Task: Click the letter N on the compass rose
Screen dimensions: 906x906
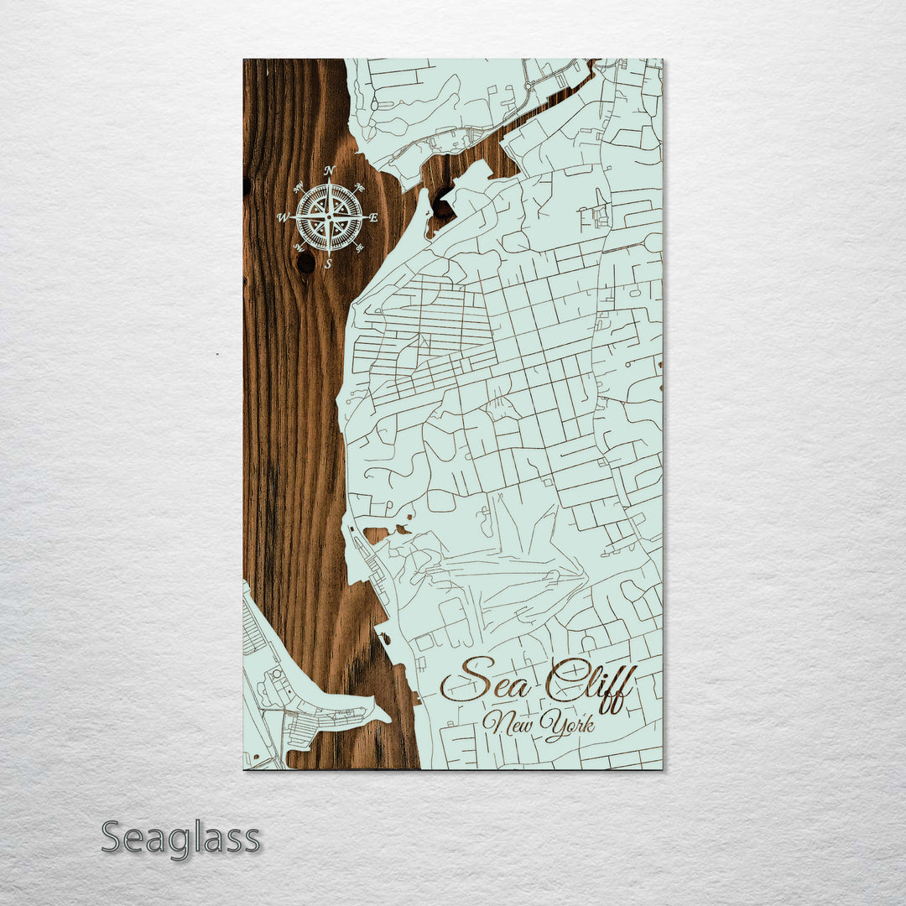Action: point(329,171)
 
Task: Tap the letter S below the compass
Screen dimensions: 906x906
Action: point(329,263)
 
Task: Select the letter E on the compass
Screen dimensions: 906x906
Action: point(374,218)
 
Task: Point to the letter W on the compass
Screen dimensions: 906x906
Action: point(282,218)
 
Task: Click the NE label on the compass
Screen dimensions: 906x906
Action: point(359,188)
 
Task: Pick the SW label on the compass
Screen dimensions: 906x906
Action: point(299,247)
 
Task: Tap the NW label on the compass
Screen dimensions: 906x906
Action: point(299,188)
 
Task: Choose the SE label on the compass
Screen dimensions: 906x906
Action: point(359,247)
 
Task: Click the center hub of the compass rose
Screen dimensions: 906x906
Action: point(329,217)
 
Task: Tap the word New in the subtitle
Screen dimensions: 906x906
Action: point(509,722)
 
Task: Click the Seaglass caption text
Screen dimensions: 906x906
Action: point(180,838)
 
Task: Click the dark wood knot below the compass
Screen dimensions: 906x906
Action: point(306,263)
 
